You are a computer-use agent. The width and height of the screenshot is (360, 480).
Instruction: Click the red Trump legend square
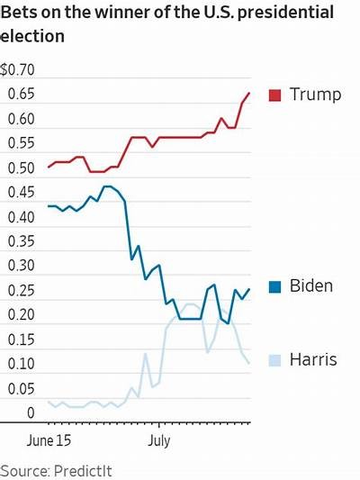275,95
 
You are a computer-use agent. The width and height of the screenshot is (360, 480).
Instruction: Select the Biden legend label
312,286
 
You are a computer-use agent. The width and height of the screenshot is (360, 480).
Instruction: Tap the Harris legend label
313,360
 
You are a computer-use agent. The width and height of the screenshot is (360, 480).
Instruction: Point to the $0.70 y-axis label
17,70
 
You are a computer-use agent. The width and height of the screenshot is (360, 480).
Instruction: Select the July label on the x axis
160,443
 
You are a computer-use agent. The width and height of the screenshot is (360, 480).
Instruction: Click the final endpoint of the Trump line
249,93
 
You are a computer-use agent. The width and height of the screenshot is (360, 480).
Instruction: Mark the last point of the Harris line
249,363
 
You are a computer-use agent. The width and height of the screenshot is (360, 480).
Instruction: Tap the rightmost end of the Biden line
249,288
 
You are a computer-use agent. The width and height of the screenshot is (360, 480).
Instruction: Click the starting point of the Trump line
48,168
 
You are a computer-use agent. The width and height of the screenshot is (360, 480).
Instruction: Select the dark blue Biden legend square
275,286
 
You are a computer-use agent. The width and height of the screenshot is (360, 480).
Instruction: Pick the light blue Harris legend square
275,360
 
